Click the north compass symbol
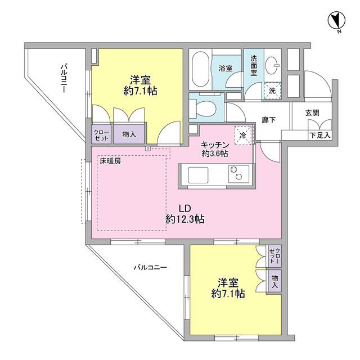click(336, 21)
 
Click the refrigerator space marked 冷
click(243, 135)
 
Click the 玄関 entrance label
click(313, 112)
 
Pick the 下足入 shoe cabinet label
click(320, 135)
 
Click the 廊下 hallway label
click(268, 119)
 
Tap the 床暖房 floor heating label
click(110, 161)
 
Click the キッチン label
click(215, 144)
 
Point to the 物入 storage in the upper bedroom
click(129, 134)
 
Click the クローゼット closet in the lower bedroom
click(274, 257)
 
